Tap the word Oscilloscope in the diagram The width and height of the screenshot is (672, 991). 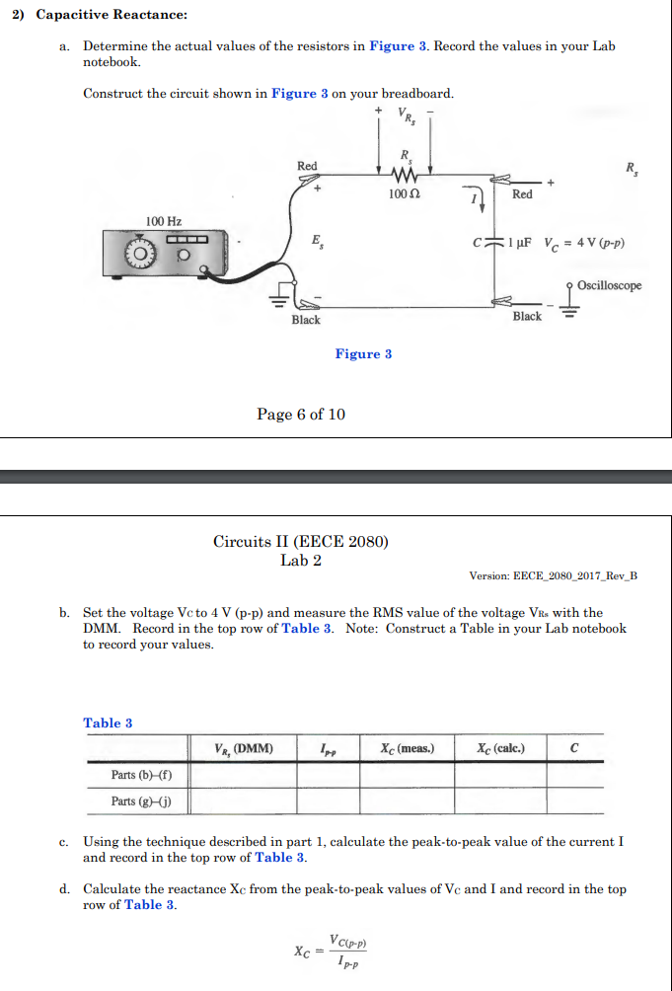pos(609,286)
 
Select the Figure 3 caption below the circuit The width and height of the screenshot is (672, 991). pos(363,354)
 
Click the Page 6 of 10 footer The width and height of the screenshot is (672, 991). pos(301,414)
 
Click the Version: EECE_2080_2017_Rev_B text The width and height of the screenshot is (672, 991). pos(554,575)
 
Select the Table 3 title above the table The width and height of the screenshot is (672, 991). pos(108,723)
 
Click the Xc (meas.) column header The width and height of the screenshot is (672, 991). pos(406,748)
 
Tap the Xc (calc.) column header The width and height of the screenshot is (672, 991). pos(500,748)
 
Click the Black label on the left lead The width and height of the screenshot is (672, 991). pos(305,320)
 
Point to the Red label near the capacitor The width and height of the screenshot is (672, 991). pos(522,194)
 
